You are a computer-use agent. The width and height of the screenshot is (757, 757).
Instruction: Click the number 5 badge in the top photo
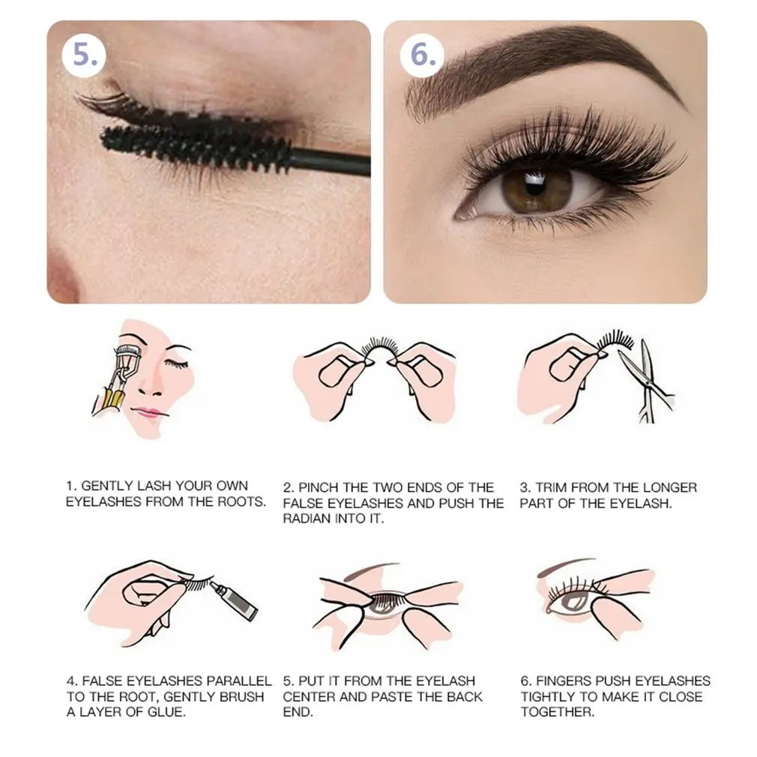(85, 55)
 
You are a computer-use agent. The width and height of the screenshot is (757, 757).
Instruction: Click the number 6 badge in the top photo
(423, 55)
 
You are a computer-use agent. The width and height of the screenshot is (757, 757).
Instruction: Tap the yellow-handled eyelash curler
(116, 376)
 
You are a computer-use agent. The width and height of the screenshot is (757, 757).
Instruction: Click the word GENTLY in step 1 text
(106, 486)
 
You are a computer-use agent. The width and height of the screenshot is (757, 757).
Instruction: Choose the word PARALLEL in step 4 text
(238, 681)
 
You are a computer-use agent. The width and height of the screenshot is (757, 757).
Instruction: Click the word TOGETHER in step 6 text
(558, 711)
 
